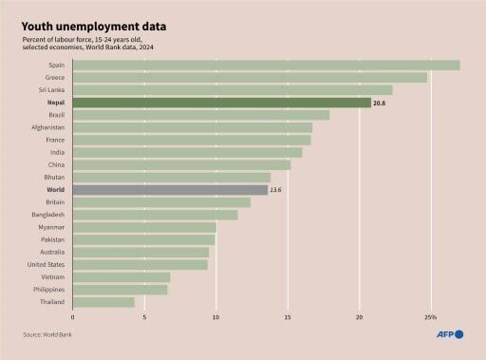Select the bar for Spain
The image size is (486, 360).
pos(266,66)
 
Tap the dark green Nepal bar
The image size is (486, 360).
pos(221,103)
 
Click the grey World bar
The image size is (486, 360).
pos(170,190)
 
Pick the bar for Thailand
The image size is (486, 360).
pos(103,302)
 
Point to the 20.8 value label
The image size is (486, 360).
pos(381,103)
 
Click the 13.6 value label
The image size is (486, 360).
pos(276,190)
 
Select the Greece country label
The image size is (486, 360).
pos(55,78)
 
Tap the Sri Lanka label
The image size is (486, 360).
pos(51,90)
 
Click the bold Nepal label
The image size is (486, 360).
pos(55,103)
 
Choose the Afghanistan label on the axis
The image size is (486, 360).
pos(47,127)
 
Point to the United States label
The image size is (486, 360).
pos(47,265)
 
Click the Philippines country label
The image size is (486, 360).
pos(48,290)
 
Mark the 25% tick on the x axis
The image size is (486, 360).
pos(430,317)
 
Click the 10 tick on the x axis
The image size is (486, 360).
pos(215,317)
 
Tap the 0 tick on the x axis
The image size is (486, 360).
pos(72,317)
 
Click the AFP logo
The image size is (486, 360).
pos(450,334)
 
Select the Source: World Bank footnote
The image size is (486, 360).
pos(48,334)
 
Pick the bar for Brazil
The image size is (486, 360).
pos(200,115)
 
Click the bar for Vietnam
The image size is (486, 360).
pos(121,277)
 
